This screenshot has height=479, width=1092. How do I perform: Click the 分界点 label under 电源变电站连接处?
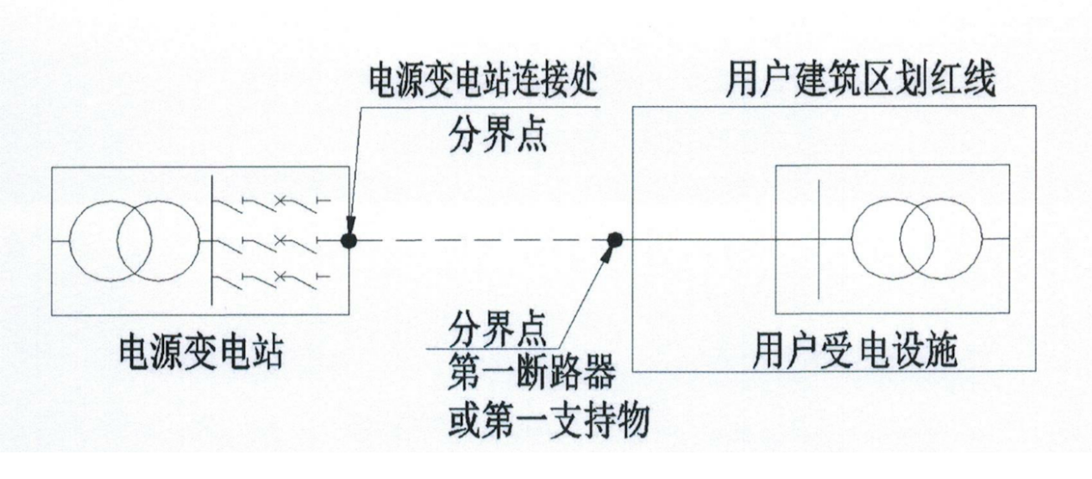(498, 135)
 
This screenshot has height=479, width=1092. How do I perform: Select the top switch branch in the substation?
(267, 203)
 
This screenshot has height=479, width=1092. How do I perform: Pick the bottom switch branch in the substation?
(267, 277)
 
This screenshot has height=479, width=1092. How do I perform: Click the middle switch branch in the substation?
(267, 240)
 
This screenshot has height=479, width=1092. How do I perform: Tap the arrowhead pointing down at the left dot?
(348, 226)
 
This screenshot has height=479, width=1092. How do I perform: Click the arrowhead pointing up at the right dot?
(610, 255)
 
